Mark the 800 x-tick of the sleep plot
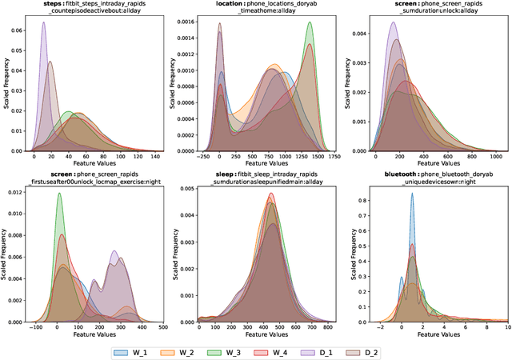tap(327, 328)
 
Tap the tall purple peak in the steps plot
tap(43, 24)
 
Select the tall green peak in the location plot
tap(309, 24)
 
